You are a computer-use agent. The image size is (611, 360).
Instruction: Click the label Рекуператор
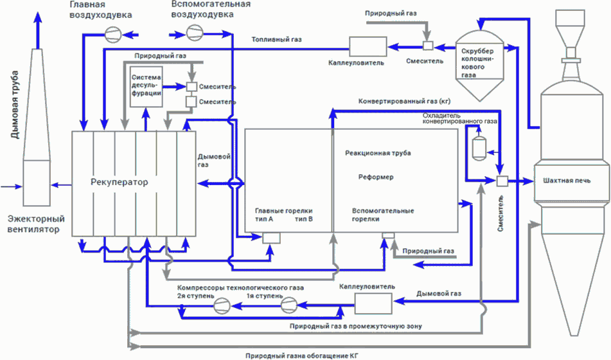pos(120,182)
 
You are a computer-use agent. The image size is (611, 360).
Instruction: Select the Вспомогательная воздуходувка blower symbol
pos(193,32)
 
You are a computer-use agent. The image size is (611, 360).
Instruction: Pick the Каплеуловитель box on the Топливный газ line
pos(367,45)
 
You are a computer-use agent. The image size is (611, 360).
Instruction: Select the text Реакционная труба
pos(378,153)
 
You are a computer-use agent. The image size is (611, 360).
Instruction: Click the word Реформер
pos(376,177)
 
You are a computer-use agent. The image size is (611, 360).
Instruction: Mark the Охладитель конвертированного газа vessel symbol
pos(477,146)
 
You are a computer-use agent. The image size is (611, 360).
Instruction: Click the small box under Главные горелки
pos(271,237)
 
